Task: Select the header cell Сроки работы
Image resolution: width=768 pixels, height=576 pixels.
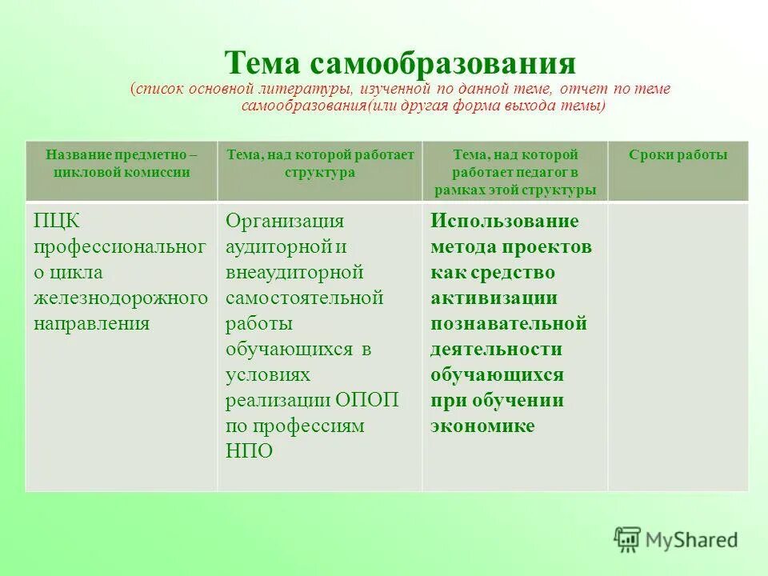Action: click(x=678, y=155)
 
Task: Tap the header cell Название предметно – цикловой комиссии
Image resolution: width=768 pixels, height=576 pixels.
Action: click(x=121, y=163)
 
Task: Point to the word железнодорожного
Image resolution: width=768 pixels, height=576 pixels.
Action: click(x=121, y=298)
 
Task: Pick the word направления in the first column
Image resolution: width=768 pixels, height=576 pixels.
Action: click(x=92, y=323)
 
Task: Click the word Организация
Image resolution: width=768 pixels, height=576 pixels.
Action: click(x=285, y=221)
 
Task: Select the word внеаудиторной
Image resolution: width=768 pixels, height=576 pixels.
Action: click(x=294, y=272)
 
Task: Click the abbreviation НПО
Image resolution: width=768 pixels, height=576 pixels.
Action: click(x=249, y=451)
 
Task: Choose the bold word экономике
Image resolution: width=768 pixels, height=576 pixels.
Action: click(x=482, y=426)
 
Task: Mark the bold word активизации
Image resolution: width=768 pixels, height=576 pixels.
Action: click(x=494, y=298)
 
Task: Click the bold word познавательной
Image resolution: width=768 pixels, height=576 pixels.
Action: click(x=509, y=323)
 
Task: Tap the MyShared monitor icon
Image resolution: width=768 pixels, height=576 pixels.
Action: click(x=628, y=539)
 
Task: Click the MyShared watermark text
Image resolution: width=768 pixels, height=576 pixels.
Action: click(x=692, y=540)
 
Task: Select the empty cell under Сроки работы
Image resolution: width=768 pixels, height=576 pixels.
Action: click(x=678, y=346)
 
